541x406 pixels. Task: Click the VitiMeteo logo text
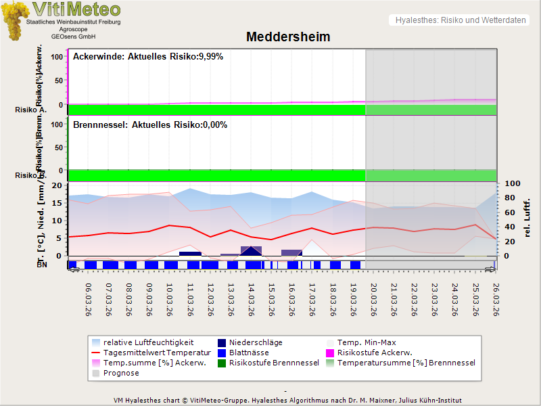point(76,9)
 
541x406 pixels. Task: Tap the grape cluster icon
point(14,20)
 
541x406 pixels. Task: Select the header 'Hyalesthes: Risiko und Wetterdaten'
point(460,20)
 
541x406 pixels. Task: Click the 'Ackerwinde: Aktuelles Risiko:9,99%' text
point(148,57)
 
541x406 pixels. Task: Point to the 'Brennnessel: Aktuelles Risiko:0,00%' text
point(150,125)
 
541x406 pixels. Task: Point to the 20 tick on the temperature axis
point(56,185)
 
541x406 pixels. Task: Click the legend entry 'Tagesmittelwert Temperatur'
point(154,353)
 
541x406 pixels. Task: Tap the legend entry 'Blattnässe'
point(249,353)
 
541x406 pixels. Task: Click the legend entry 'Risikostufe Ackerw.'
point(375,353)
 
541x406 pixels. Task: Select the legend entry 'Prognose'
point(121,373)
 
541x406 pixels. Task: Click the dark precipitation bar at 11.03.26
point(190,254)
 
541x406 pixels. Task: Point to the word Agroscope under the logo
point(73,30)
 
